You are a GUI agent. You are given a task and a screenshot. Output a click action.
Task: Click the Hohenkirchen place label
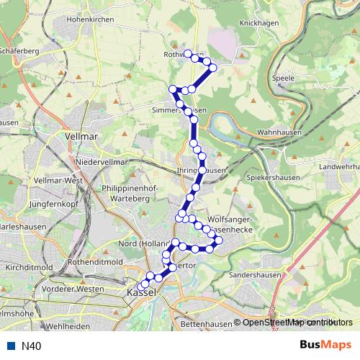90,19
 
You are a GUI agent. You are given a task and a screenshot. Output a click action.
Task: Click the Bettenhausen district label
206,325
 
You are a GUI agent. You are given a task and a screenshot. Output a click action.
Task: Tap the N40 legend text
31,346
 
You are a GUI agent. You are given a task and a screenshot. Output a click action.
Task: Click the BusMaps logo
325,346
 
